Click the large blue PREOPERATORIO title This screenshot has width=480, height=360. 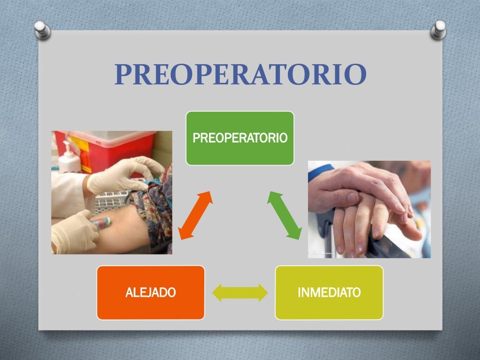tap(240, 75)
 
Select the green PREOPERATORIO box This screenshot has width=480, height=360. tap(240, 138)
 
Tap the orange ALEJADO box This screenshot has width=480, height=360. tap(150, 292)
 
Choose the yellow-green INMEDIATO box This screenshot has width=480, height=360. tap(329, 292)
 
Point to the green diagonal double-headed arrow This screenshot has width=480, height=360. tap(285, 215)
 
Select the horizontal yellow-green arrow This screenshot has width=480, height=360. tap(240, 292)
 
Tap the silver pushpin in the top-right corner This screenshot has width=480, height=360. tap(439, 29)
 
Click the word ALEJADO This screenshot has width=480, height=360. tap(150, 293)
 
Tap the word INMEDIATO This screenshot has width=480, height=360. tap(329, 293)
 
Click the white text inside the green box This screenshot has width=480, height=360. tap(240, 138)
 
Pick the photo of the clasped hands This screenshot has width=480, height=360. tap(369, 209)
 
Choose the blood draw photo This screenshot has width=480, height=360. tap(112, 192)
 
